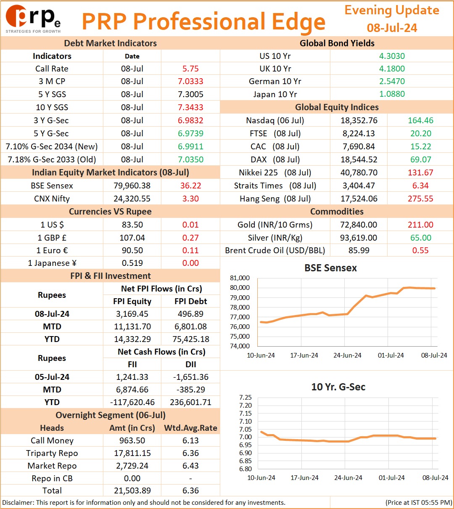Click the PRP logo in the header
[33, 19]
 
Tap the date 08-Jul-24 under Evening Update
[392, 28]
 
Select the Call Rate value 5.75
[190, 69]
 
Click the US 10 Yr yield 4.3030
[392, 56]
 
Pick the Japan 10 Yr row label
[275, 94]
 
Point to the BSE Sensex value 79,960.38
[132, 186]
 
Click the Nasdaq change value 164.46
[420, 120]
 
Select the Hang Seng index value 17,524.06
[359, 199]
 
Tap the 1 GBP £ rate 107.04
[132, 238]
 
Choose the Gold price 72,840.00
[359, 225]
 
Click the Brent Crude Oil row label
[275, 250]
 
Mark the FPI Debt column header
[190, 301]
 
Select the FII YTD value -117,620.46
[132, 402]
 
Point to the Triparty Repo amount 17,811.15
[132, 453]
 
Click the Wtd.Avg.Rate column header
[190, 428]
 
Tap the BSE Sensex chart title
[330, 268]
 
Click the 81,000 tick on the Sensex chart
[240, 278]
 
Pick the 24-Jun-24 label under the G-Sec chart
[348, 477]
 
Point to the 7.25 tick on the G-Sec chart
[245, 398]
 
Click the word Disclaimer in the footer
[18, 502]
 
